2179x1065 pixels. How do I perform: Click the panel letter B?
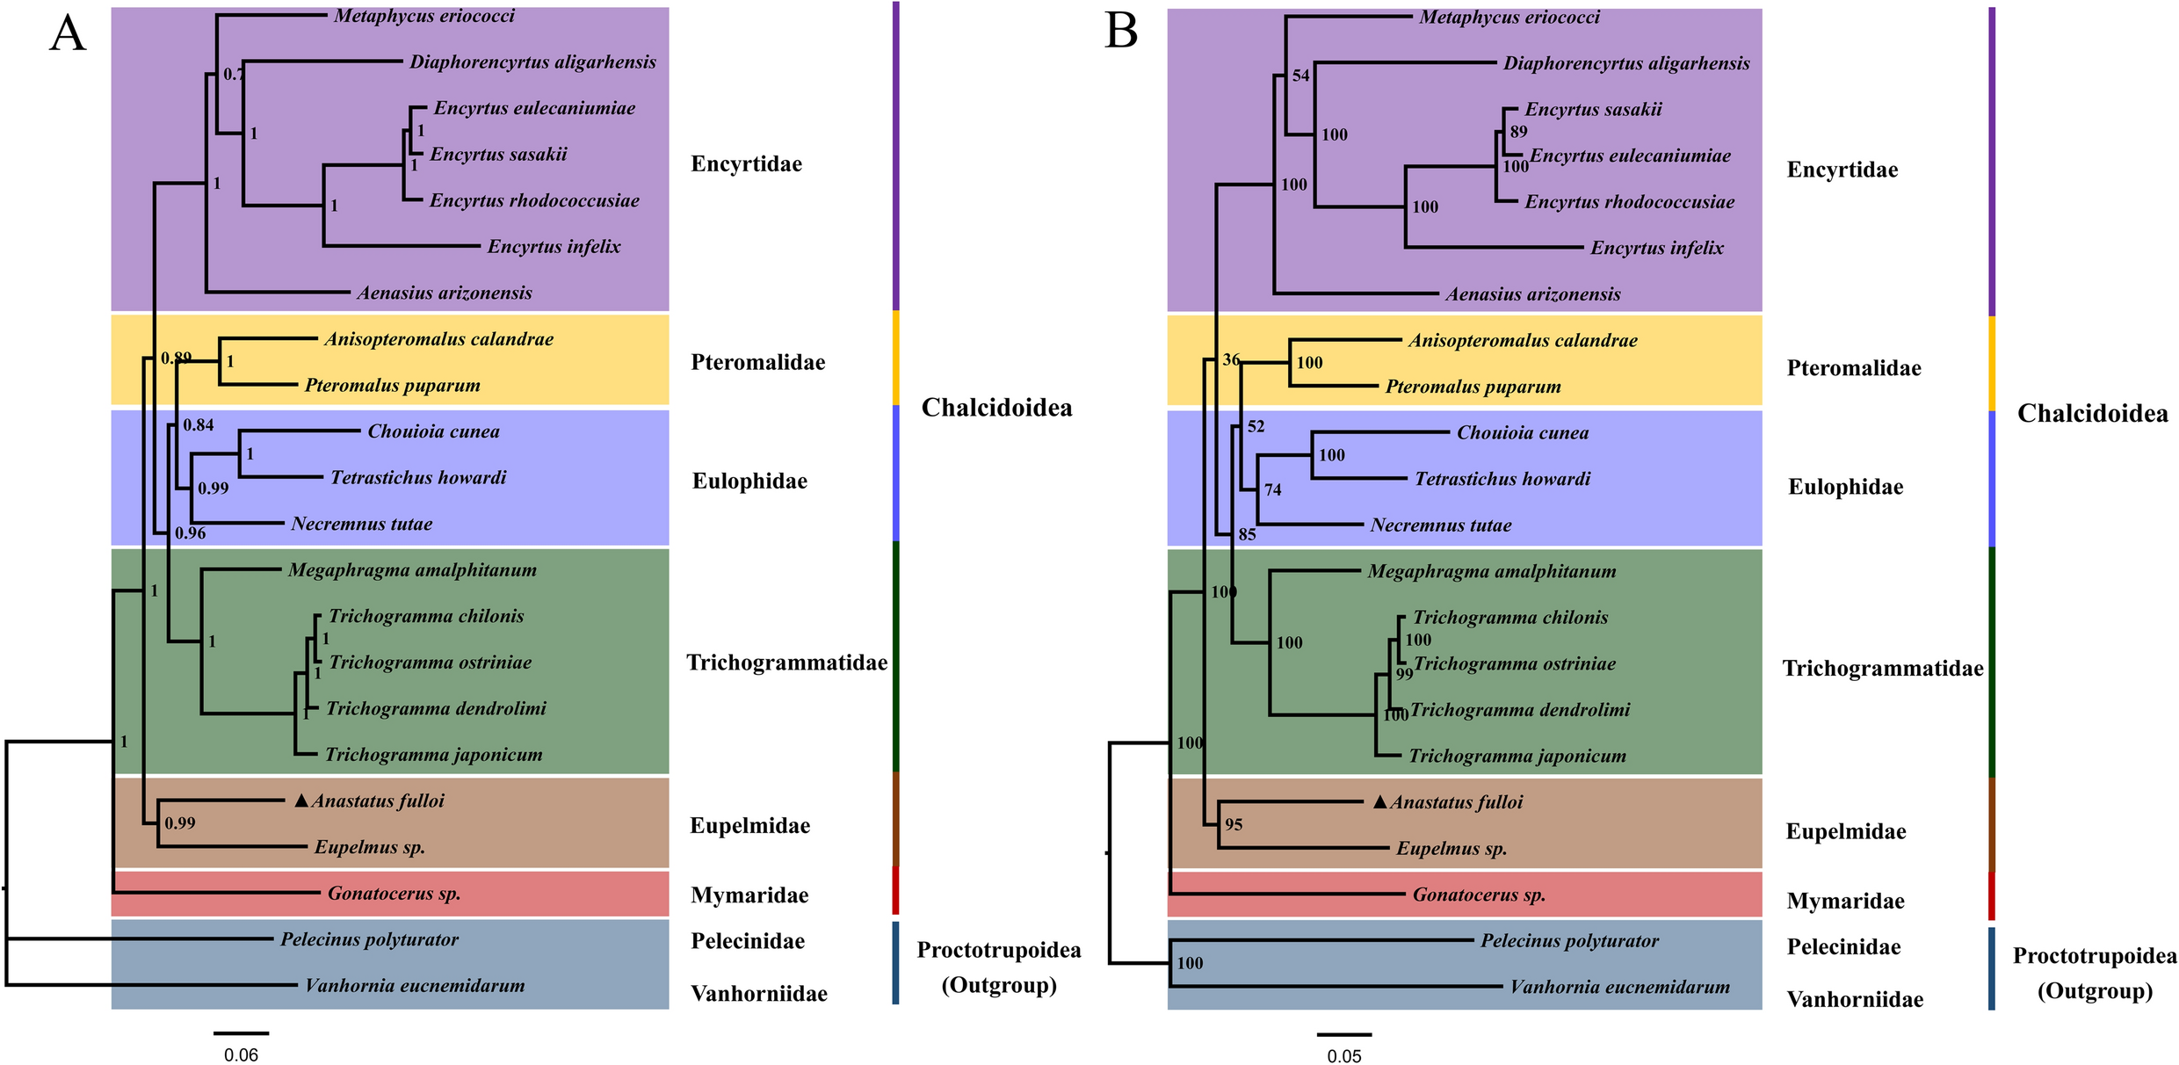1121,32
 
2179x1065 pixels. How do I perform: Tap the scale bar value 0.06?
241,1054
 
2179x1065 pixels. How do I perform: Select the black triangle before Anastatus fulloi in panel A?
301,801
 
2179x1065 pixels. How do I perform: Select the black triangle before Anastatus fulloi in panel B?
1380,802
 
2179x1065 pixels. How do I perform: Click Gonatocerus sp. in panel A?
394,894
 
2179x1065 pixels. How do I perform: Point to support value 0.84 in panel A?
199,425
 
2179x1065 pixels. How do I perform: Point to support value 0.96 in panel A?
190,533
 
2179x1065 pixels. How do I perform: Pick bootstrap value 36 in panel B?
1232,359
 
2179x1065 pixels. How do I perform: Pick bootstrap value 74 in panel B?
1273,490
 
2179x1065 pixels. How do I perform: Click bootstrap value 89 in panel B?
1519,132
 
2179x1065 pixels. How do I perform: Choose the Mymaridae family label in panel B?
1845,901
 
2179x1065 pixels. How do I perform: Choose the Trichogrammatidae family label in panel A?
786,663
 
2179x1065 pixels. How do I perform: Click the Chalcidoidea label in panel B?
2092,413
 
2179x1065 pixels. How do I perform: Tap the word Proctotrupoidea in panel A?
999,950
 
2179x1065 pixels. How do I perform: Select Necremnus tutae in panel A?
361,525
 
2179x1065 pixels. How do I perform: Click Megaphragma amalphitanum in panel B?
1491,571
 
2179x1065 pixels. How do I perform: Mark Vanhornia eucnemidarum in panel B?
1619,987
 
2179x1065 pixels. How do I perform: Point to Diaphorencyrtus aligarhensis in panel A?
532,62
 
